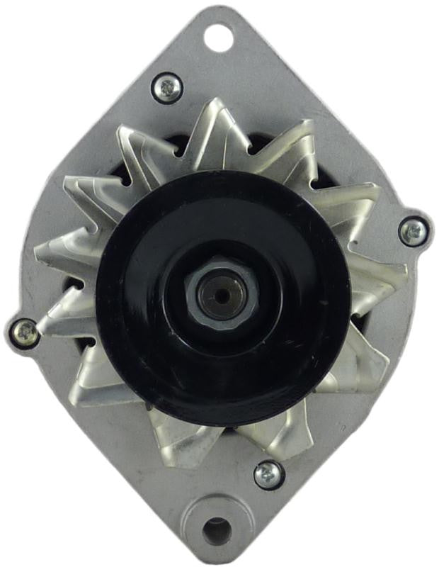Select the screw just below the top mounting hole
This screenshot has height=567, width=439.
coord(168,88)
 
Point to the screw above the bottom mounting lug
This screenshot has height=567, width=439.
coord(269,475)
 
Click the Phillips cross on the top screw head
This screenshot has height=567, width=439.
coord(168,88)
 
